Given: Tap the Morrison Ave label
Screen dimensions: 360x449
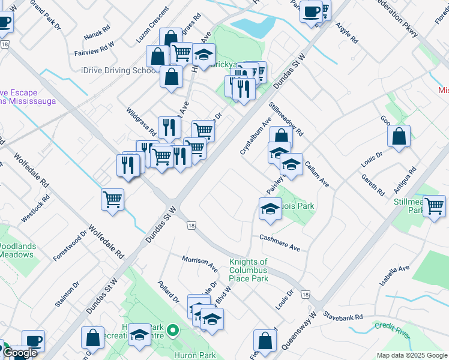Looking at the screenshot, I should pos(200,261).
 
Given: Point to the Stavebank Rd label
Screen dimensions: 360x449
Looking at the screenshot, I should pos(343,316).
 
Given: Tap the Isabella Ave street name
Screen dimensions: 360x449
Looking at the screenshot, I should pos(394,276).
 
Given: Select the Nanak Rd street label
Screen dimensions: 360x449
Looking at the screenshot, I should pos(97,28).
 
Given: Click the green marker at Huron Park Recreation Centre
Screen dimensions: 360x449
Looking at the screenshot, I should pos(173,329).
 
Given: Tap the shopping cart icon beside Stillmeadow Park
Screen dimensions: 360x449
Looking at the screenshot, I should pos(434,206).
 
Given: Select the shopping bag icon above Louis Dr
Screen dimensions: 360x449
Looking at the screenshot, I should pos(399,136).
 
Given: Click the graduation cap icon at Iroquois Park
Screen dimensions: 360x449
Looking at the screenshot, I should pos(270,209).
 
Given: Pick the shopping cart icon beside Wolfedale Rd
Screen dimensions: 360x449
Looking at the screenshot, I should pos(112,199).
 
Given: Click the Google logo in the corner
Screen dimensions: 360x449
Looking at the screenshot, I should pos(20,353).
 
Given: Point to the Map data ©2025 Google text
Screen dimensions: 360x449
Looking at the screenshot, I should pos(412,355).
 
